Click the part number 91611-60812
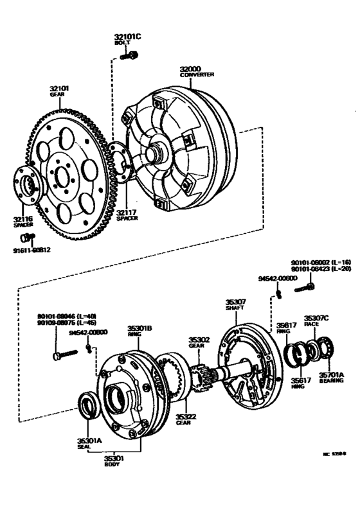pos(32,251)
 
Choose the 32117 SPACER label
pos(126,215)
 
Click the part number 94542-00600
pos(278,279)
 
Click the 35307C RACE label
pos(316,321)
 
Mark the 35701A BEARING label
pos(330,377)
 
